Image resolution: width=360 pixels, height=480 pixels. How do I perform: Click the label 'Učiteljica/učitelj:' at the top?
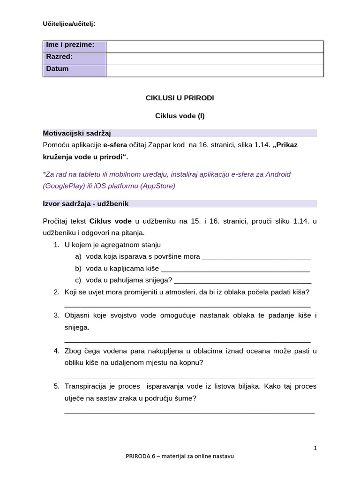[69, 23]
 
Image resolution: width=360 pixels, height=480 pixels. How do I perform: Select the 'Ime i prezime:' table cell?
[70, 45]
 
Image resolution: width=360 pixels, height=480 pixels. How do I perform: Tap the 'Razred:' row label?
[59, 57]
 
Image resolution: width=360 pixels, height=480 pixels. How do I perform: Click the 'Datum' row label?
[57, 69]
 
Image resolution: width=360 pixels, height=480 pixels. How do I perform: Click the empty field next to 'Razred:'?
[215, 58]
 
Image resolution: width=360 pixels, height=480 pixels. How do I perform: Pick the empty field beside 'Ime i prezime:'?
[215, 46]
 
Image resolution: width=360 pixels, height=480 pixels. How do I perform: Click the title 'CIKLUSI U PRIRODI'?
[180, 98]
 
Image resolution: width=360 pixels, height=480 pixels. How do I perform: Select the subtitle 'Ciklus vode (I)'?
[180, 116]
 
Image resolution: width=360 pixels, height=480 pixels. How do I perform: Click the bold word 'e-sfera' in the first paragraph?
[115, 145]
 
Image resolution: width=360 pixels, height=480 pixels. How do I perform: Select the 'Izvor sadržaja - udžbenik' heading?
[85, 204]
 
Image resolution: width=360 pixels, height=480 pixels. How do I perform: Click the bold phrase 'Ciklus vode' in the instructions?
[110, 220]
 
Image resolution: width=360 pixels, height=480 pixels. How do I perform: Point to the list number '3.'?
[56, 315]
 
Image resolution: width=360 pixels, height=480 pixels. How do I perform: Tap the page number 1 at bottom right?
[315, 448]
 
